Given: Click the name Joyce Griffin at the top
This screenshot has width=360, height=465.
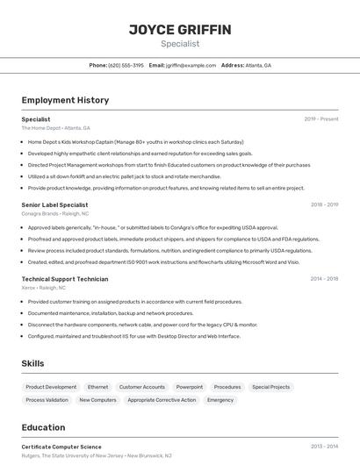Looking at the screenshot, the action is coord(180,30).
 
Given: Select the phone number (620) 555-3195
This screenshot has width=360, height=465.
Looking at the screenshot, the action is coord(126,65).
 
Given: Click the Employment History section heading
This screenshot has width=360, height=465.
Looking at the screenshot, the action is coord(65,100).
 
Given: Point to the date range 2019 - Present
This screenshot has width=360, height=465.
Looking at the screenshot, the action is coord(321,118).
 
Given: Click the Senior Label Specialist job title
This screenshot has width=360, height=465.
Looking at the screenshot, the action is coord(54,204).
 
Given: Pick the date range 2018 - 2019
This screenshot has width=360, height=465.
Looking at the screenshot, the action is coord(324,204).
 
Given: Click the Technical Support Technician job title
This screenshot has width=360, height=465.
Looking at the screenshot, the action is coord(65,279).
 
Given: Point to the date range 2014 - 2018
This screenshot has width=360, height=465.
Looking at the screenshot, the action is coord(324,279).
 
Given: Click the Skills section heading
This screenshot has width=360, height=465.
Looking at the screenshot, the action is coord(33,363).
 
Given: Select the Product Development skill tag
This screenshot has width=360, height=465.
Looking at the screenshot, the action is coord(51,387).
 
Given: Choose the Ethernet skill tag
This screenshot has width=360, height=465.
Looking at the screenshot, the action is coord(97,387).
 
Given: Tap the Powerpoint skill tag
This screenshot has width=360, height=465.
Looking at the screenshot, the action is coord(189,387).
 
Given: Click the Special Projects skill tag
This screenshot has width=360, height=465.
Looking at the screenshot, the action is coord(270,387).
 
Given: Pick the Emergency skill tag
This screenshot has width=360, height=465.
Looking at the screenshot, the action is coord(220,400).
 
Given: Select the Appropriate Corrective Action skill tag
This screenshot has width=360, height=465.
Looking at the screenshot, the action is coord(162,400).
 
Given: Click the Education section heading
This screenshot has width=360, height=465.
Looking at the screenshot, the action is coord(43,427).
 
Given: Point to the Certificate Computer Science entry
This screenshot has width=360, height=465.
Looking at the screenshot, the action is coord(61,447).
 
